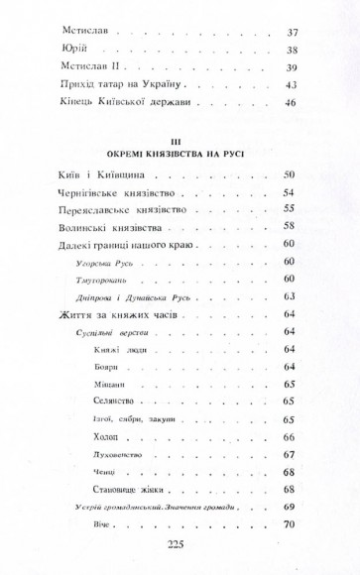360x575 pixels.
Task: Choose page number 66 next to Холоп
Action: coord(290,436)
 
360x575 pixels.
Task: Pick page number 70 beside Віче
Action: coord(290,524)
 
